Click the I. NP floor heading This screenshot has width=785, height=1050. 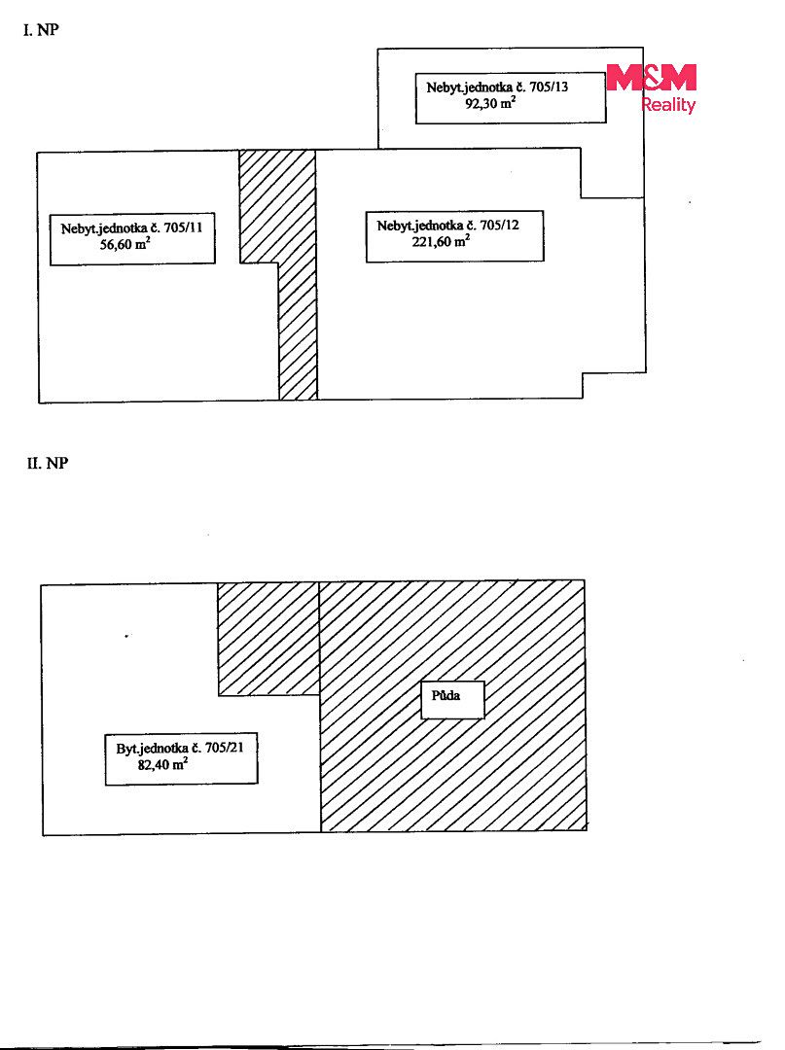(41, 30)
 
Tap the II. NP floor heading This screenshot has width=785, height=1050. (48, 464)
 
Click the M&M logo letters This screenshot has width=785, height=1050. (652, 78)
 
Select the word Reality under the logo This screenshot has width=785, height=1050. (668, 104)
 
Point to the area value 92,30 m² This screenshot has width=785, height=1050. (490, 103)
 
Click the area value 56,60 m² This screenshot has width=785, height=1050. (125, 244)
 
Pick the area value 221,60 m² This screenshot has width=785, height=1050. (441, 242)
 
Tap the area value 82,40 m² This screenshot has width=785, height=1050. (162, 764)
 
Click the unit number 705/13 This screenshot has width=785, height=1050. (549, 87)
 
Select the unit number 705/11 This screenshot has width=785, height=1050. (183, 227)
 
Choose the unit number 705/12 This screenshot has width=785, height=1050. (499, 225)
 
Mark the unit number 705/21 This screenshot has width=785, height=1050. (225, 748)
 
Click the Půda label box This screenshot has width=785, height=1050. (452, 700)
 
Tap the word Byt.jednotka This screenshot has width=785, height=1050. (152, 749)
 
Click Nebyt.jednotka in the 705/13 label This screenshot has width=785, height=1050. (470, 87)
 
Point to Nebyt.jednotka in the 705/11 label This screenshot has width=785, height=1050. (104, 228)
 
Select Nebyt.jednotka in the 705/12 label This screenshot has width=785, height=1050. (420, 226)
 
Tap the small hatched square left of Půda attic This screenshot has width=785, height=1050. (268, 640)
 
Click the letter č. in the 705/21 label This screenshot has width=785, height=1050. (196, 748)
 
